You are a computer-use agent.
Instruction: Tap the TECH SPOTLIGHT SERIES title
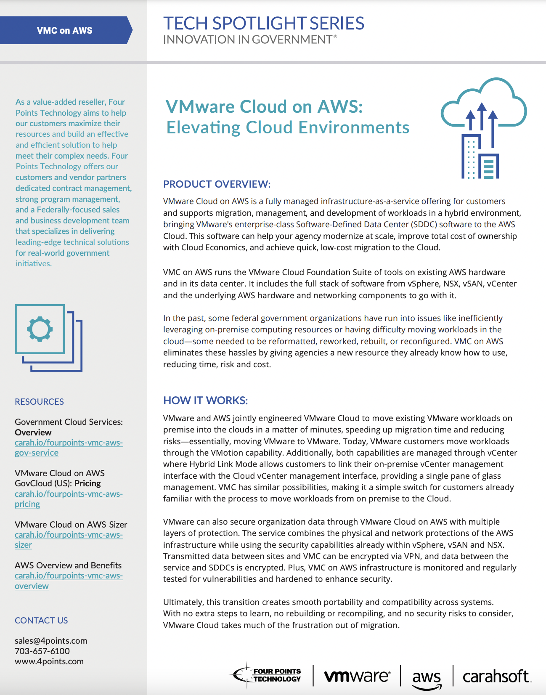(x=263, y=24)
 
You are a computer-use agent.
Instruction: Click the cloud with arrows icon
(x=483, y=126)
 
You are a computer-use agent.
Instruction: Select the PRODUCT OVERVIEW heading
(x=217, y=184)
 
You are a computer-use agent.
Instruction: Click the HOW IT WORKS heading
(x=205, y=401)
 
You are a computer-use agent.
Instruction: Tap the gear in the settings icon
(x=40, y=329)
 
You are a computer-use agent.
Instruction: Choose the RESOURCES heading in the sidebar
(x=39, y=402)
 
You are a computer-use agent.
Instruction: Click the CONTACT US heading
(x=41, y=621)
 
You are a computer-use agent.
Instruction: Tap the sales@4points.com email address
(x=51, y=641)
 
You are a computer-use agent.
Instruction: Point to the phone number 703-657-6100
(x=42, y=651)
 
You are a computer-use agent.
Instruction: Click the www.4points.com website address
(x=49, y=661)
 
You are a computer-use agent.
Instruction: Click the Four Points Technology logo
(x=268, y=675)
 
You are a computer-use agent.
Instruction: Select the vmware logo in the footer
(x=357, y=676)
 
